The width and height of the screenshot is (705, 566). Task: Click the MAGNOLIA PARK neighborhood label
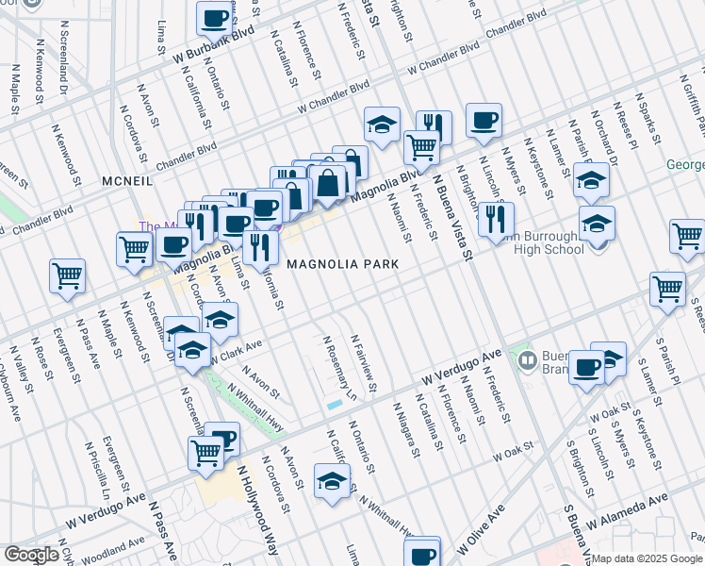[x=343, y=265]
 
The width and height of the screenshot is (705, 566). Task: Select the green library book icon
[x=527, y=358]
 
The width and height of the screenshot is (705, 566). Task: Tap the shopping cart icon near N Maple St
[x=67, y=275]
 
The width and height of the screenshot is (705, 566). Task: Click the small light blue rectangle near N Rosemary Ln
[x=335, y=405]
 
